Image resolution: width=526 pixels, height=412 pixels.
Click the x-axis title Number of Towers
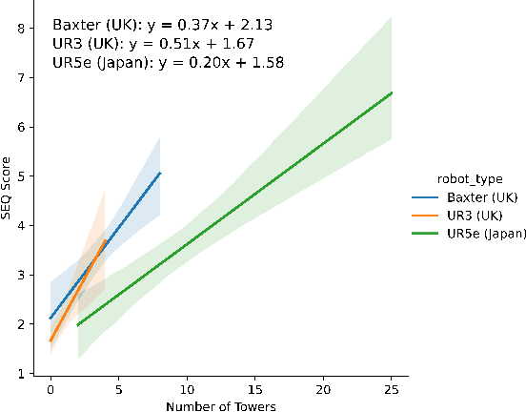pyautogui.click(x=221, y=406)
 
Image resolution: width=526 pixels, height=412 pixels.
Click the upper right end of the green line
pyautogui.click(x=392, y=93)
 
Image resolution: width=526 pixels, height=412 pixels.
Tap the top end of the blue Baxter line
pyautogui.click(x=160, y=173)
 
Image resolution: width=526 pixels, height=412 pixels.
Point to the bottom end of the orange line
pyautogui.click(x=51, y=340)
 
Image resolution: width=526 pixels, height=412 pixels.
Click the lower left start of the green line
pyautogui.click(x=78, y=325)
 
